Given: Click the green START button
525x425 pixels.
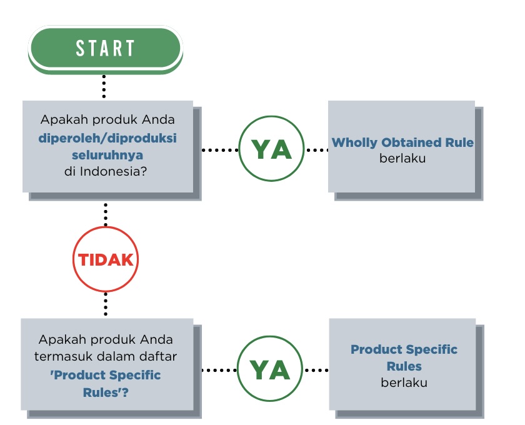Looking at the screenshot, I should pos(105,49).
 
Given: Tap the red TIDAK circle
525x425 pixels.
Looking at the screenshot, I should pos(106,259).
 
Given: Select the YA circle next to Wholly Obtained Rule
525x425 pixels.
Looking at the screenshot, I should pos(271,149).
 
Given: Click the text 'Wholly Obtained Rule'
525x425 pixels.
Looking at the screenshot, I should pos(402,142).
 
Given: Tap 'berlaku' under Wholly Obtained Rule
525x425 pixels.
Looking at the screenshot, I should pos(402,158).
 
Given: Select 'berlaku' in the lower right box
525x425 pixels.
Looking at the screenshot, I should pos(404,382).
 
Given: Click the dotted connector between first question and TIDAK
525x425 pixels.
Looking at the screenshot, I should pos(106,215).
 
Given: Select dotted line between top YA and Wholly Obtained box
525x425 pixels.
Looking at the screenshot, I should pos(316,150).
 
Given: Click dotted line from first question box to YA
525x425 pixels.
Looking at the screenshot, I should pos(220,150).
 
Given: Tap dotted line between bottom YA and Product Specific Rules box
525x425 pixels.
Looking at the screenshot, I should pos(316,370).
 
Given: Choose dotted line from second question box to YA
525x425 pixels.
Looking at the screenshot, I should pos(219,370).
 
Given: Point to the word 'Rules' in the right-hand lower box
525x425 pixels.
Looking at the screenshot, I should pos(404,366).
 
